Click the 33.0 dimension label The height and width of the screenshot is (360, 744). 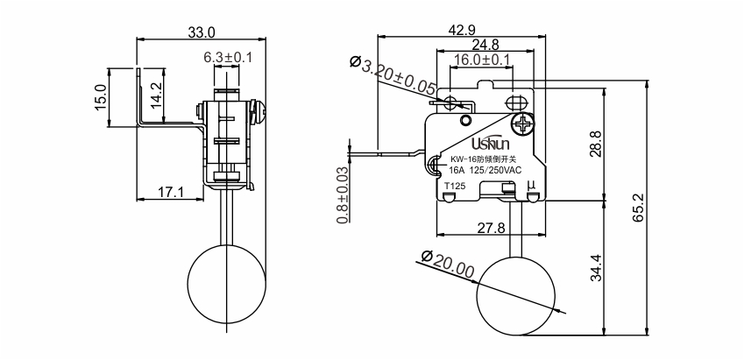click(202, 32)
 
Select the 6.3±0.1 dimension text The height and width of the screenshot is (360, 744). click(228, 58)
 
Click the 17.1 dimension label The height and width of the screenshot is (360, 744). click(171, 192)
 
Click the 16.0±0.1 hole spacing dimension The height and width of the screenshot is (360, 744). click(481, 60)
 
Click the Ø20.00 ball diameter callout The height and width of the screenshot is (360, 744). click(448, 265)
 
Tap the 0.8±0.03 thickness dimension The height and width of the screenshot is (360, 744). click(343, 195)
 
